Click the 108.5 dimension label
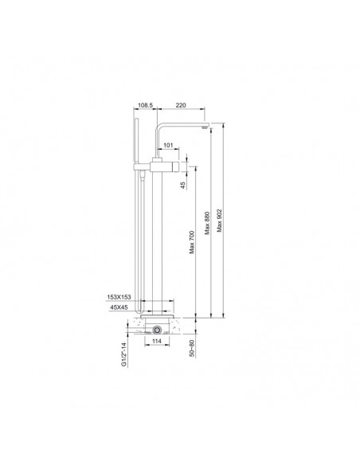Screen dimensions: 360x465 (x=145, y=105)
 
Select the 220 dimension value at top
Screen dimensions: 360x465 (x=181, y=105)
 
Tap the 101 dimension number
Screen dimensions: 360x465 (x=168, y=145)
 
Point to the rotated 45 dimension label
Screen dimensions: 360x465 (x=183, y=185)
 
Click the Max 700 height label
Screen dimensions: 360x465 (x=192, y=242)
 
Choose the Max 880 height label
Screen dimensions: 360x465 (x=208, y=223)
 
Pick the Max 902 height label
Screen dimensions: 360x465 (x=220, y=221)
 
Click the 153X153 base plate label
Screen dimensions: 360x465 (x=119, y=297)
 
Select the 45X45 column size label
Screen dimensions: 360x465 (x=119, y=307)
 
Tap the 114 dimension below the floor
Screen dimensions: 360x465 (x=157, y=341)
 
